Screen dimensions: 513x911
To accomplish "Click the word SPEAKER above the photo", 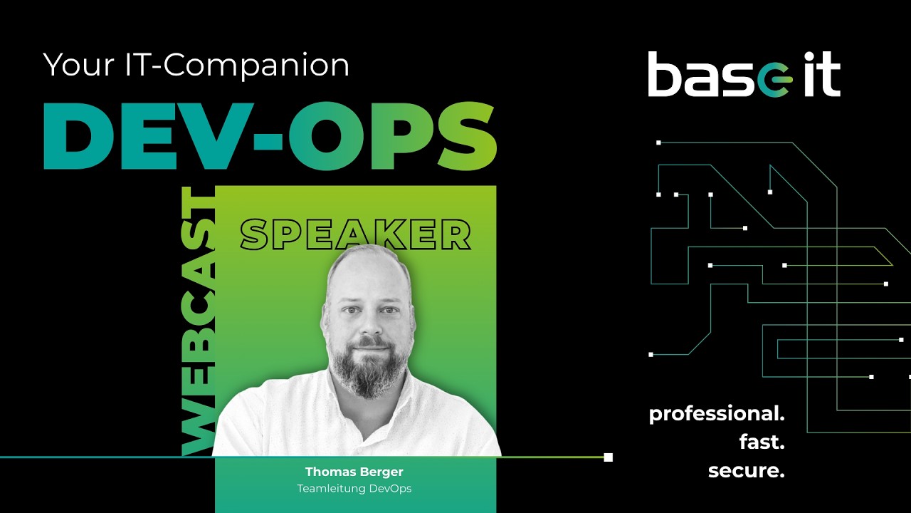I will [355, 234].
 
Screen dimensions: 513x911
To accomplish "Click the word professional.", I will [716, 415].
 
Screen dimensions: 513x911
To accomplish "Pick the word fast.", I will [761, 442].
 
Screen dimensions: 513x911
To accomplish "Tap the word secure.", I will [746, 471].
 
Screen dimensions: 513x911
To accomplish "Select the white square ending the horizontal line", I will [608, 457].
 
